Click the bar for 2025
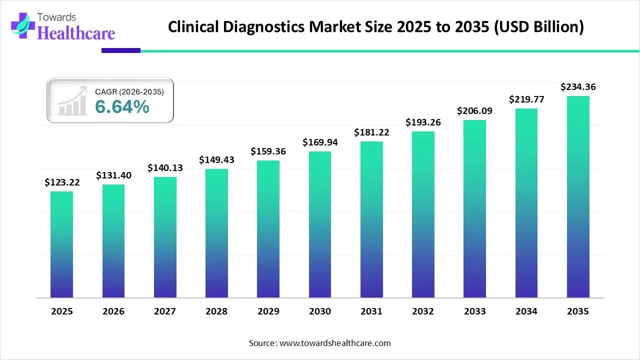(x=61, y=244)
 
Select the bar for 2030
(x=320, y=224)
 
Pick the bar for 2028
(x=216, y=233)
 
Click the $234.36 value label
(x=578, y=87)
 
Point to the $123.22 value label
(x=62, y=182)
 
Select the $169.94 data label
(x=320, y=142)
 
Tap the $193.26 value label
(x=423, y=122)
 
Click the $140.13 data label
(x=165, y=168)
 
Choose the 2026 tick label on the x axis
(x=113, y=311)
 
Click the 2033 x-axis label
(x=474, y=311)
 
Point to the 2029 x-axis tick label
(x=268, y=311)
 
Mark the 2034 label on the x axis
(x=526, y=311)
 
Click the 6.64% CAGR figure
(x=122, y=106)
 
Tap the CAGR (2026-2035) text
(x=129, y=91)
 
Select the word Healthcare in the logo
(x=76, y=33)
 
